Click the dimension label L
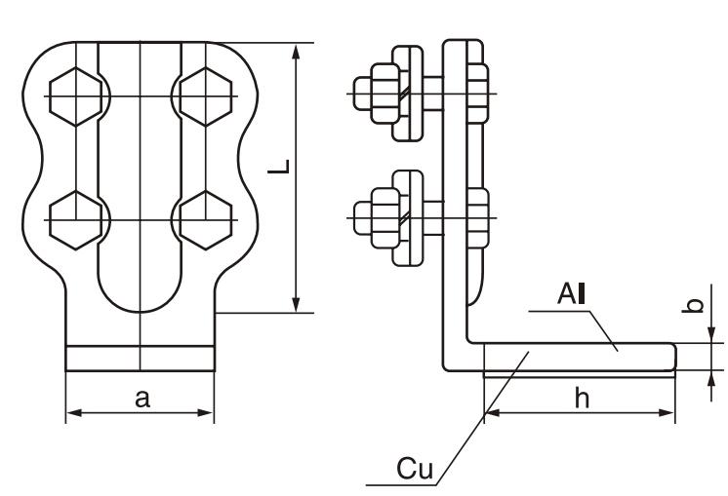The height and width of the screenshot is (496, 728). tap(278, 176)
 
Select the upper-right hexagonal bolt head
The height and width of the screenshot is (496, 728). tap(204, 95)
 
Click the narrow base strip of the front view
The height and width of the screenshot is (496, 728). tap(141, 358)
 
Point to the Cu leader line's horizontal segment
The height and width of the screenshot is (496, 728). tap(400, 484)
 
